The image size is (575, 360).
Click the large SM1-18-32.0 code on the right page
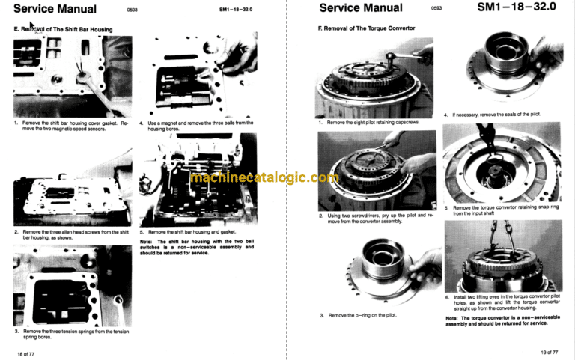(517, 7)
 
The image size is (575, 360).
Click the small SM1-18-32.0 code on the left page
(236, 10)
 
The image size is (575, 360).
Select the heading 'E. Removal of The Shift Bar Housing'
(63, 29)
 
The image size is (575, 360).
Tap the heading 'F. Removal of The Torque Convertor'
(366, 28)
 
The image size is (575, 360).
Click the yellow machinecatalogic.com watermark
(264, 177)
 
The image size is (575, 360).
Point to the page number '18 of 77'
(25, 354)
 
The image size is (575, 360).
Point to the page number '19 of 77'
(550, 353)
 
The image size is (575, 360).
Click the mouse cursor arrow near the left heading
(31, 25)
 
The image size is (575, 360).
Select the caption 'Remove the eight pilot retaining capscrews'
(373, 123)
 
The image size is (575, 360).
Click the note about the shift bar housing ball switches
(197, 247)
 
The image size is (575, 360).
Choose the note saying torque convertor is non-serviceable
(503, 320)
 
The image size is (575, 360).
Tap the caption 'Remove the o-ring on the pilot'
(362, 315)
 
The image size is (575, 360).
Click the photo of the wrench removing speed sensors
(73, 76)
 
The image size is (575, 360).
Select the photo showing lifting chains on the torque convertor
(503, 256)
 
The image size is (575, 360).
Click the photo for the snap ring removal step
(502, 162)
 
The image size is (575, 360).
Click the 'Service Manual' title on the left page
(55, 9)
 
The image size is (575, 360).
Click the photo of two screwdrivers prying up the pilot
(377, 171)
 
